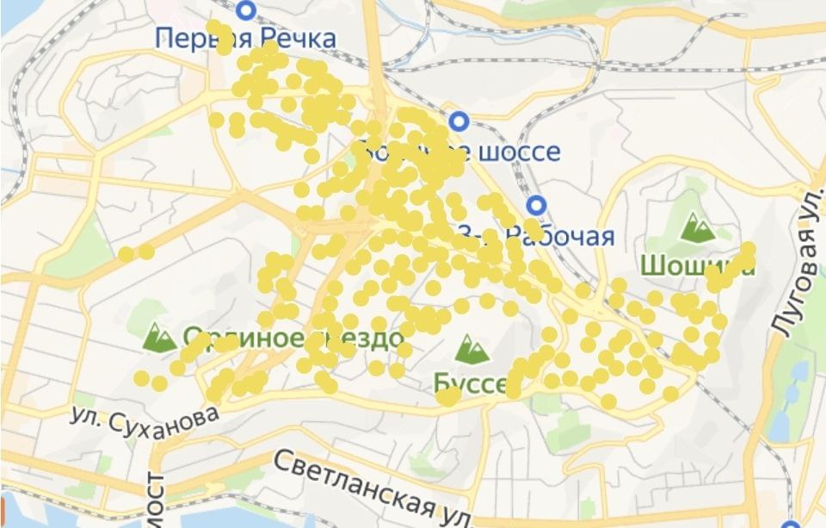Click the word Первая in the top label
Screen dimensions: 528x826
click(198, 38)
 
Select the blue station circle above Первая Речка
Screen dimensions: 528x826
click(248, 10)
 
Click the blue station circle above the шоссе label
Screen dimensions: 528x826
click(459, 121)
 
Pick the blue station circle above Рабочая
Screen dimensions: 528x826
click(537, 205)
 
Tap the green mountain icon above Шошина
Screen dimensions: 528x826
click(697, 227)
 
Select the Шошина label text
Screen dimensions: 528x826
click(697, 265)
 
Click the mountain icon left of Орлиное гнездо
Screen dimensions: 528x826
click(159, 337)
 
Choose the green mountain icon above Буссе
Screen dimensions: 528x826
click(472, 349)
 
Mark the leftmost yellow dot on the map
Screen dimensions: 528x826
click(126, 254)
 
